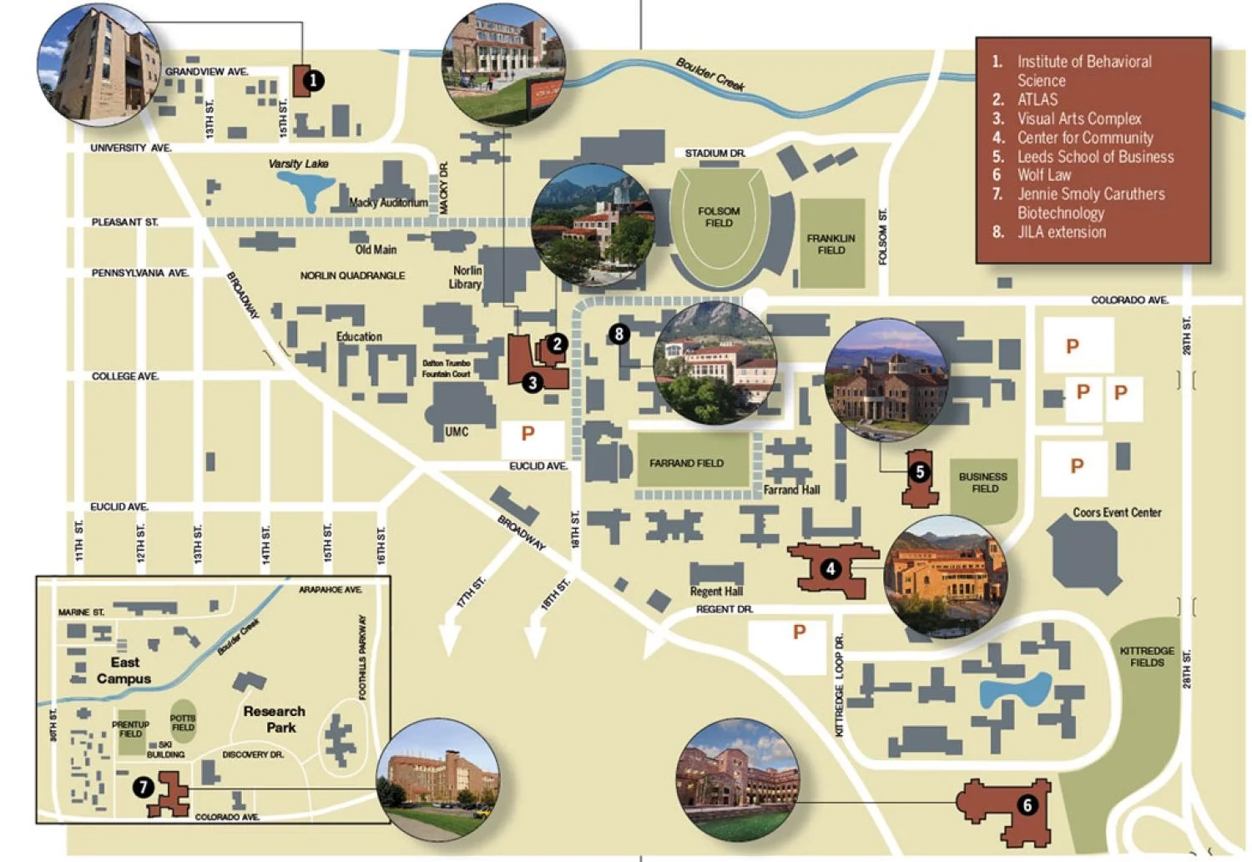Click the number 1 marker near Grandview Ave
coord(312,81)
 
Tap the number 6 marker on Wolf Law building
coord(1027,804)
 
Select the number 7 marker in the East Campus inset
coord(144,786)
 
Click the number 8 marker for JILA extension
coord(618,334)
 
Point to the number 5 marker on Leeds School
coord(919,472)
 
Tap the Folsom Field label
coord(719,217)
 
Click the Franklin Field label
coord(830,244)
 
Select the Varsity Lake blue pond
coord(306,188)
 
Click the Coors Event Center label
coord(1117,512)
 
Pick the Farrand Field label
coord(686,463)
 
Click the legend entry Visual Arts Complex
coord(1078,118)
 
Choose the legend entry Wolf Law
coord(1043,174)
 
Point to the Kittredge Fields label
coord(1147,656)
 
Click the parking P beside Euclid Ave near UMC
coord(528,433)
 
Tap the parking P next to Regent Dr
coord(799,632)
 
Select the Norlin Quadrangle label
coord(352,275)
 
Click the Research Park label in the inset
coord(275,719)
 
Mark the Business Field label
coord(983,482)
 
